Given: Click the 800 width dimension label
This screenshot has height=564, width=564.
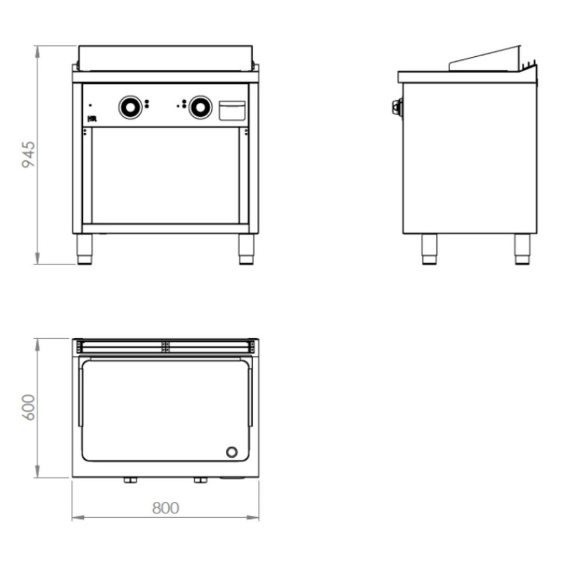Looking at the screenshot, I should tap(165, 507).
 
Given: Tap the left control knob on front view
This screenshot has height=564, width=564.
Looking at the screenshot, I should tap(131, 107).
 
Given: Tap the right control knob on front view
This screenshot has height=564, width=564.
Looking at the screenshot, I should tap(200, 107).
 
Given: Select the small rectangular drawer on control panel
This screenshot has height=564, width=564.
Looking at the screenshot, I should tap(232, 110).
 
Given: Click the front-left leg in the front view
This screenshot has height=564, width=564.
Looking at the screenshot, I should tap(84, 250).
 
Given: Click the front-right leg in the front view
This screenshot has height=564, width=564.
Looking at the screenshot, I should tap(246, 250).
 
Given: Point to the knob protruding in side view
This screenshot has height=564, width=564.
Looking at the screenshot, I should tap(397, 107).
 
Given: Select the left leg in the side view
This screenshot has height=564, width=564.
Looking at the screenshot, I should tap(429, 249).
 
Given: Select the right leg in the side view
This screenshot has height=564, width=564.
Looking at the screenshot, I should tap(522, 249).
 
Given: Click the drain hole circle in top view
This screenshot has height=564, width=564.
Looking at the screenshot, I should tap(232, 452).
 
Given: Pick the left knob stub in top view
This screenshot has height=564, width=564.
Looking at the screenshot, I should tap(131, 480).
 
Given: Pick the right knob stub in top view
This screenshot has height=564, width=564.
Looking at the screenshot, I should tap(200, 480).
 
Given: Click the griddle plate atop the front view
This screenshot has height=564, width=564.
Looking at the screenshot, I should tap(165, 58).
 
